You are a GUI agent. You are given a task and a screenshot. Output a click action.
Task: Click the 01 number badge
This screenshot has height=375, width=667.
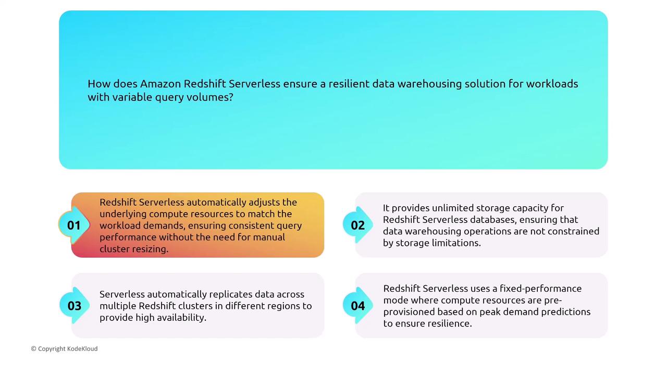(x=74, y=226)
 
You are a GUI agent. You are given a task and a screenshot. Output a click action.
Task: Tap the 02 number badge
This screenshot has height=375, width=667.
(x=357, y=226)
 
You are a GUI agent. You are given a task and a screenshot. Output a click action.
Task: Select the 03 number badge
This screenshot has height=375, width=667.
(x=75, y=306)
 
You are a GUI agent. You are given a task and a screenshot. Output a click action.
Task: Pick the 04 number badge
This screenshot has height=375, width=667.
(x=357, y=306)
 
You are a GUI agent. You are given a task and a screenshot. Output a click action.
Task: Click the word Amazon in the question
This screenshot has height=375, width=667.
(x=160, y=84)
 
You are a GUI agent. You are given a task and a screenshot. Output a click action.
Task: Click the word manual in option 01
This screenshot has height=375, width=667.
(x=269, y=237)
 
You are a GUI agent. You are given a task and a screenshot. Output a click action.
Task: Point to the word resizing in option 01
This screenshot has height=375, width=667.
(x=151, y=249)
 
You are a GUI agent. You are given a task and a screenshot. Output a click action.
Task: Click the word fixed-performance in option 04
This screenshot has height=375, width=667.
(x=540, y=289)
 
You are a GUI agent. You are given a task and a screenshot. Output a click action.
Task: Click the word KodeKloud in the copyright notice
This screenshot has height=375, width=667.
(x=82, y=348)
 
